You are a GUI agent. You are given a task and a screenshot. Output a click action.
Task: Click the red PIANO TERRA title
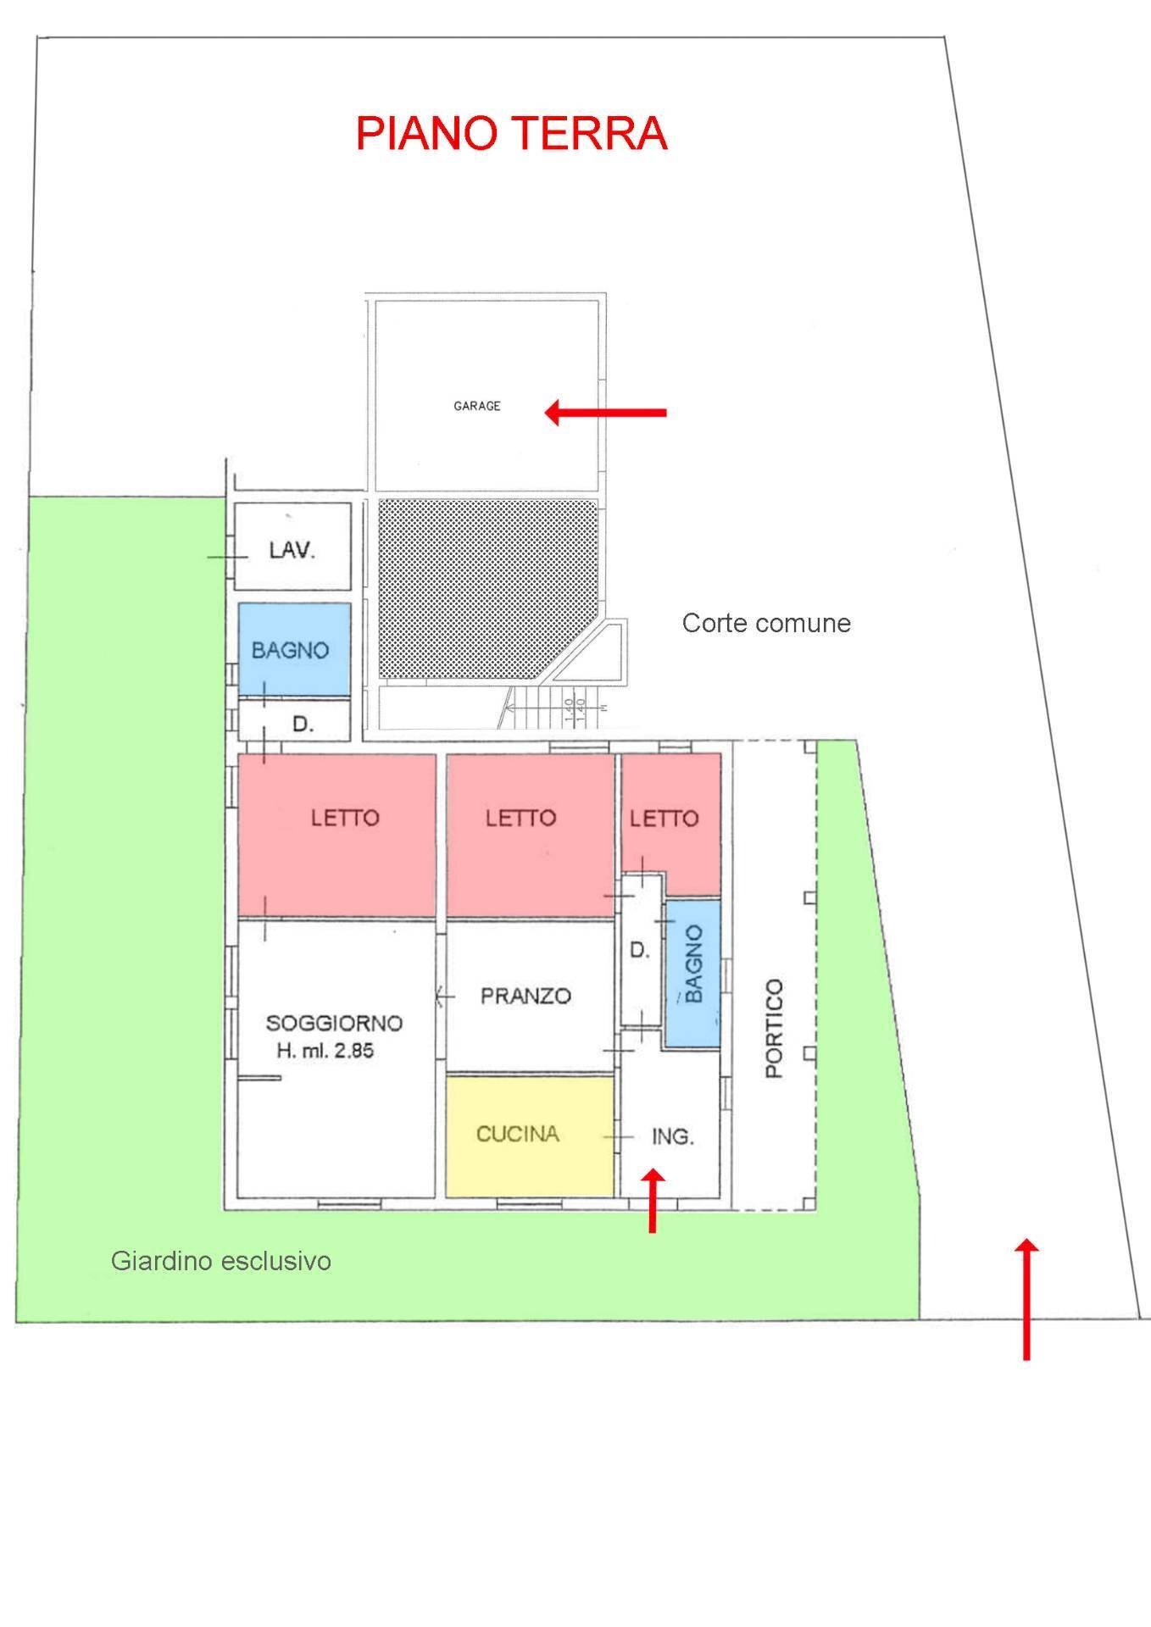coord(512,134)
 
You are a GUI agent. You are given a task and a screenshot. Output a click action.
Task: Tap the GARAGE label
coord(477,406)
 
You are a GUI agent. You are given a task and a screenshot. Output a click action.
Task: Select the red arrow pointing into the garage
coord(605,413)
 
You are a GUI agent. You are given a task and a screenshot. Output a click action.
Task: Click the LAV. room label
coord(292,550)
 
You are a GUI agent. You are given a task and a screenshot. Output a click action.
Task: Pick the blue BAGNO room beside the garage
coord(294,648)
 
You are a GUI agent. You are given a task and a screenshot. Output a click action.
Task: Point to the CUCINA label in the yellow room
coord(518,1134)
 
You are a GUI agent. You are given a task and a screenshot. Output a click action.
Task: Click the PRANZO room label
coord(525,996)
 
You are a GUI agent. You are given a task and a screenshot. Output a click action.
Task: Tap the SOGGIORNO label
coord(334,1023)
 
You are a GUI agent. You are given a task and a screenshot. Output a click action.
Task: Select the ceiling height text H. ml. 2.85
coord(325,1052)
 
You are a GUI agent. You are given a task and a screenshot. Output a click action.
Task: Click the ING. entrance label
coord(673,1136)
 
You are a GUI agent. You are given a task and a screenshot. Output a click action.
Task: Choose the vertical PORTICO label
coord(775,1028)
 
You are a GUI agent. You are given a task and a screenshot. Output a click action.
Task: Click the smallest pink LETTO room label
coord(664,818)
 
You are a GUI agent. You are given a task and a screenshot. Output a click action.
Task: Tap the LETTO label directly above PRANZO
coord(521,818)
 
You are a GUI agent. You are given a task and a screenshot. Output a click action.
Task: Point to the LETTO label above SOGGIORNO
coord(345,818)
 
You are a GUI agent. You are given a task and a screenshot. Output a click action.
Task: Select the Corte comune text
coord(766,624)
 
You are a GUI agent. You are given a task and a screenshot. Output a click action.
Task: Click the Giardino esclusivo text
coord(221,1262)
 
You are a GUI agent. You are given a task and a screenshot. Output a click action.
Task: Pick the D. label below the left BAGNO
coord(303,725)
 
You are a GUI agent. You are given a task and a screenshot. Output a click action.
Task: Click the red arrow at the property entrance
coord(1026,1299)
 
